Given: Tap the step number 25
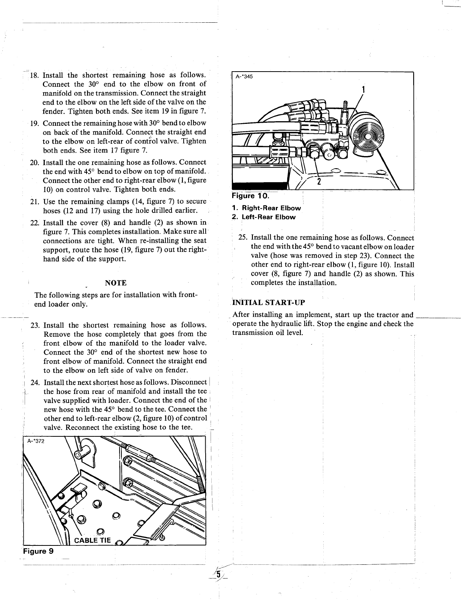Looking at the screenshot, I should point(243,237).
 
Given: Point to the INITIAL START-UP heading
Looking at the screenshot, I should point(269,303).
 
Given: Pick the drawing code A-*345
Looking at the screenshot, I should point(244,77).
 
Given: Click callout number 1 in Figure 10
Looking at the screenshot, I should point(363,90).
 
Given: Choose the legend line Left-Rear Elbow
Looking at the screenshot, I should point(267,217).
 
